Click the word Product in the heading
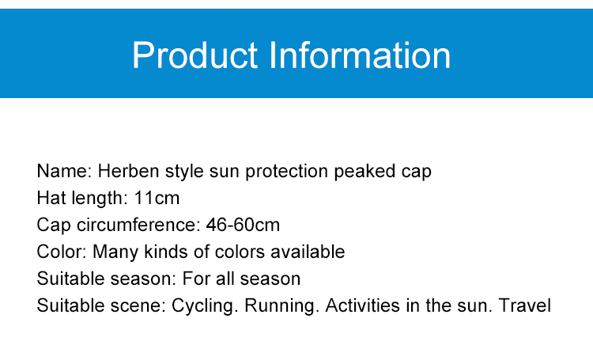pyautogui.click(x=195, y=55)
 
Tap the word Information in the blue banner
pyautogui.click(x=360, y=55)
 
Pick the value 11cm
pyautogui.click(x=157, y=198)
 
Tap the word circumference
pyautogui.click(x=138, y=225)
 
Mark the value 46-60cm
pyautogui.click(x=243, y=225)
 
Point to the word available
pyautogui.click(x=308, y=252)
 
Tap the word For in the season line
pyautogui.click(x=196, y=279)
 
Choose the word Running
pyautogui.click(x=279, y=306)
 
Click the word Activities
pyautogui.click(x=362, y=305)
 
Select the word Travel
pyautogui.click(x=525, y=305)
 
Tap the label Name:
pyautogui.click(x=64, y=171)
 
